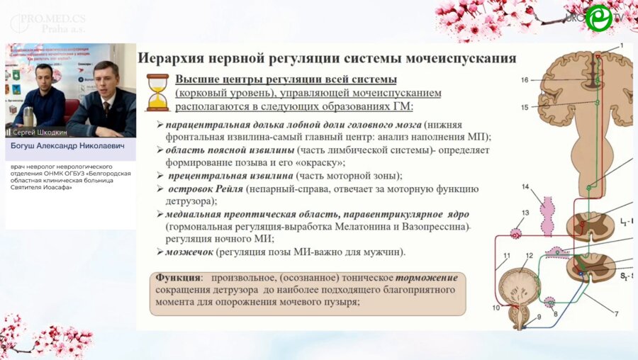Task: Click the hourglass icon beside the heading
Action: click(157, 92)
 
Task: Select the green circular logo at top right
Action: click(599, 18)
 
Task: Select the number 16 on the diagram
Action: click(525, 81)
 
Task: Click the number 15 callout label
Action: click(525, 108)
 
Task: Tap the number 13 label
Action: click(525, 213)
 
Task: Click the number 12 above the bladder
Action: click(529, 255)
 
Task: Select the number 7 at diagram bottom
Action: click(615, 313)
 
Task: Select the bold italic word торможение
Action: click(426, 278)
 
